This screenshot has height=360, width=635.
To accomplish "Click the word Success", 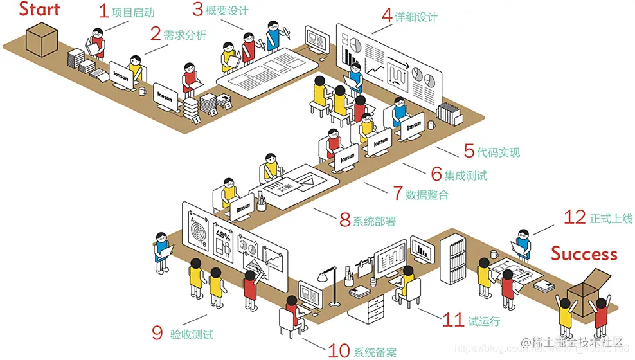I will [584, 253].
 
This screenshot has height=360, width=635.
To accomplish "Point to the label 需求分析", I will [185, 35].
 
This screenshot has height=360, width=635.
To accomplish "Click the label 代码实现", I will [498, 152].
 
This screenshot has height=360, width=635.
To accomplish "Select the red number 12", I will [575, 218].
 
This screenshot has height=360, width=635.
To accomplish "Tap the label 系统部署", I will [374, 221].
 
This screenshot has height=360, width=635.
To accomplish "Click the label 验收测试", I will [192, 334].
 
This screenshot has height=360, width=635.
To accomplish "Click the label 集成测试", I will [466, 175].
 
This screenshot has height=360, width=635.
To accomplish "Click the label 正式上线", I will [611, 219].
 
